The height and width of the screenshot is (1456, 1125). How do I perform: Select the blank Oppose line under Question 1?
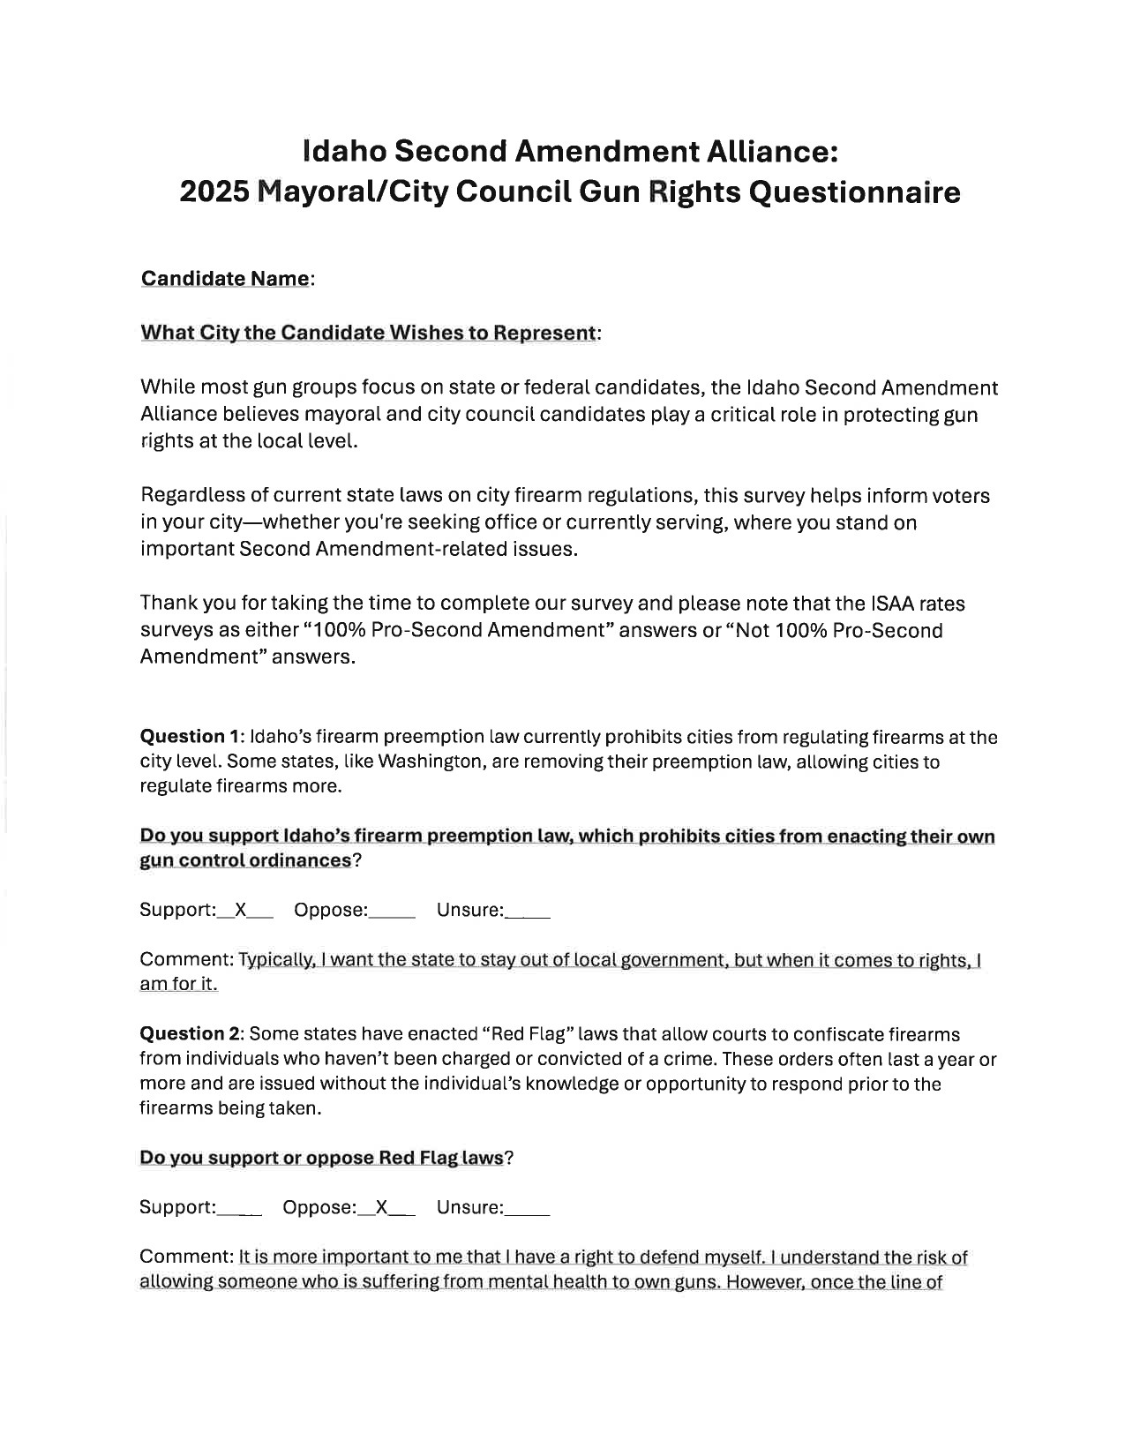click(392, 912)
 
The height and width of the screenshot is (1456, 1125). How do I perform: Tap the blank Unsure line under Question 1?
click(528, 912)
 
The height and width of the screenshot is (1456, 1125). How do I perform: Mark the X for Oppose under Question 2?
click(382, 1207)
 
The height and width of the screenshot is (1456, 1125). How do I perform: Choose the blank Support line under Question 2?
click(239, 1209)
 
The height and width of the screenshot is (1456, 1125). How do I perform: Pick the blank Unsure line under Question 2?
click(528, 1209)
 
